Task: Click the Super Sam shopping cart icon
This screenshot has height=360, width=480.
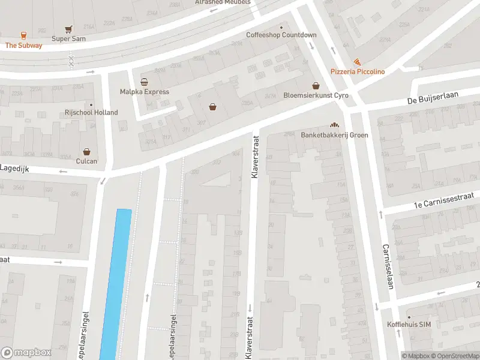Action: (69, 29)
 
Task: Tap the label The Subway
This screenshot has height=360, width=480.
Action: (24, 46)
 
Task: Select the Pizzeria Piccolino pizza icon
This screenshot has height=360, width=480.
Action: (357, 62)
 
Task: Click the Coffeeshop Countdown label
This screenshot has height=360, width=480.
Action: (281, 35)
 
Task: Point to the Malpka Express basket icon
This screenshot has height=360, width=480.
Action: (144, 82)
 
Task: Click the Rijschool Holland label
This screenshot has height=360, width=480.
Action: (91, 112)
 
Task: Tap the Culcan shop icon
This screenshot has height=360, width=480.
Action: (87, 152)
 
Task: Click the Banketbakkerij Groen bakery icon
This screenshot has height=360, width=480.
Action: (334, 125)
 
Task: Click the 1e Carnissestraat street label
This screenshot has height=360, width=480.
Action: (444, 200)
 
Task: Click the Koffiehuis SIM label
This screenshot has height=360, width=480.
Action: (425, 325)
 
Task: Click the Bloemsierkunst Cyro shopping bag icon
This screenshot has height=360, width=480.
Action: (316, 85)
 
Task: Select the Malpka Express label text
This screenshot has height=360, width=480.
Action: (144, 92)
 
